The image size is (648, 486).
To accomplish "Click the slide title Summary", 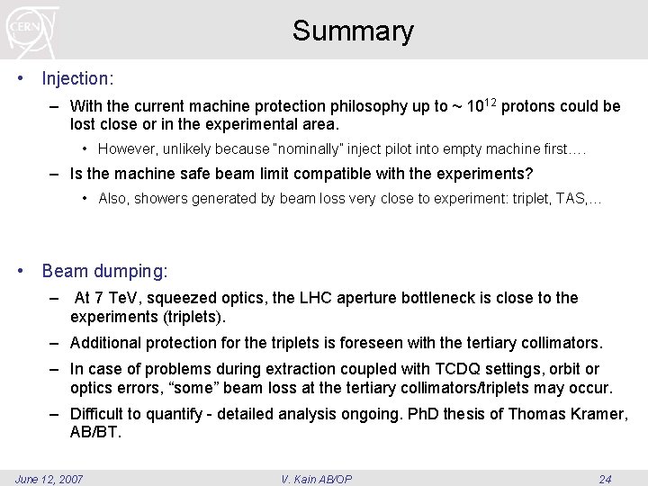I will (353, 31).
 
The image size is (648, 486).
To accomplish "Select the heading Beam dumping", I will (104, 271).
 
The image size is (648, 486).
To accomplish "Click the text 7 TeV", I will (118, 298).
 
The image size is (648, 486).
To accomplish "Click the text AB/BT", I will (94, 432).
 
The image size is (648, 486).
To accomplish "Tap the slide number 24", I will (605, 479).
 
